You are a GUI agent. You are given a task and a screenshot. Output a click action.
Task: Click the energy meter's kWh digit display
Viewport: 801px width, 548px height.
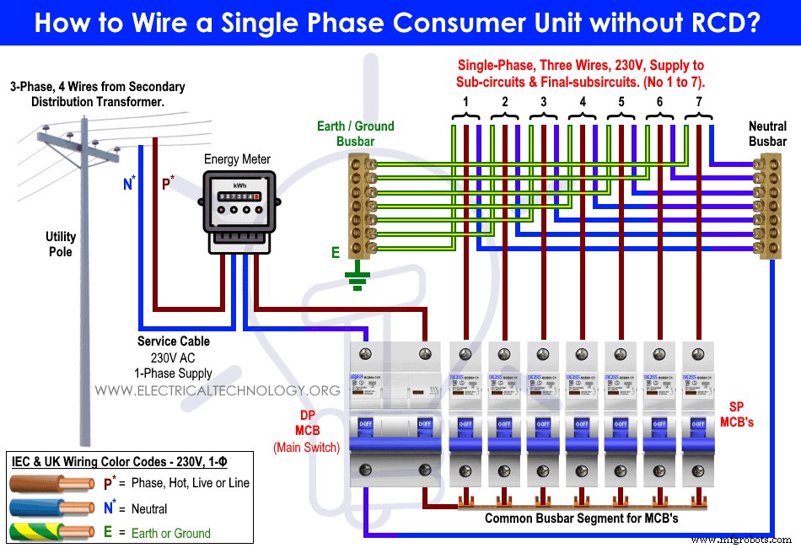236,196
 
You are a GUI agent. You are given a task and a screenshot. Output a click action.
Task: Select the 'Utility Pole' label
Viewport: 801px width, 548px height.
60,244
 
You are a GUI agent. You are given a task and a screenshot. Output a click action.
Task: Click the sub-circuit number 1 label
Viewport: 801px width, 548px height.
465,102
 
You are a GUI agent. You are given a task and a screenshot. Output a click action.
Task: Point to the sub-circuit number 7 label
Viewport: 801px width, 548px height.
698,102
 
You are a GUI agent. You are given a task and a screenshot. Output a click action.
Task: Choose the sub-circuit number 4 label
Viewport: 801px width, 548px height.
582,102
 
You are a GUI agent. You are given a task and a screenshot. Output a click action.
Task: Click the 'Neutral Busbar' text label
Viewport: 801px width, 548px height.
767,134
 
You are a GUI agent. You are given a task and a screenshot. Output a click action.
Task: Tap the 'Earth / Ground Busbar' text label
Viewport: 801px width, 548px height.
355,134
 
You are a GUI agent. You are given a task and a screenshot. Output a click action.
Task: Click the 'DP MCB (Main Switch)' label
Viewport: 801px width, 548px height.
306,432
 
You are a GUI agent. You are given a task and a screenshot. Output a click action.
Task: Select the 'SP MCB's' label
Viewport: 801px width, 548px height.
736,414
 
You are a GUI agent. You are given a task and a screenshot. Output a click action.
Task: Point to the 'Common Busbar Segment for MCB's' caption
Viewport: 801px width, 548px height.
581,518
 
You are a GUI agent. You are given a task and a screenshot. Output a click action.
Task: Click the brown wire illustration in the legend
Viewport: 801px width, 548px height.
51,483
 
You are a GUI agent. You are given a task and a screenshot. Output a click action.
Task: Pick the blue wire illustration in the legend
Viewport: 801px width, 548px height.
51,508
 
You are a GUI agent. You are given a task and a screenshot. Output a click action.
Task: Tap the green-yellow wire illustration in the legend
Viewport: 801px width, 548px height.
51,532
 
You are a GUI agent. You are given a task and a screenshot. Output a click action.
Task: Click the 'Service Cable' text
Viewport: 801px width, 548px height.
174,341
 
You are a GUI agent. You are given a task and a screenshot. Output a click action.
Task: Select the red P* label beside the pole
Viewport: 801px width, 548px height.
168,183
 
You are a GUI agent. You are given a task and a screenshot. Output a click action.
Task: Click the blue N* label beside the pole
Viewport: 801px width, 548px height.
129,183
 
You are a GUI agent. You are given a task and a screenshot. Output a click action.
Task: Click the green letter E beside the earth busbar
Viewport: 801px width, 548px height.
335,252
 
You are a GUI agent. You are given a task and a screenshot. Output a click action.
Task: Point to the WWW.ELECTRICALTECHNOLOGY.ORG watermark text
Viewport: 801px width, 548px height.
218,390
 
